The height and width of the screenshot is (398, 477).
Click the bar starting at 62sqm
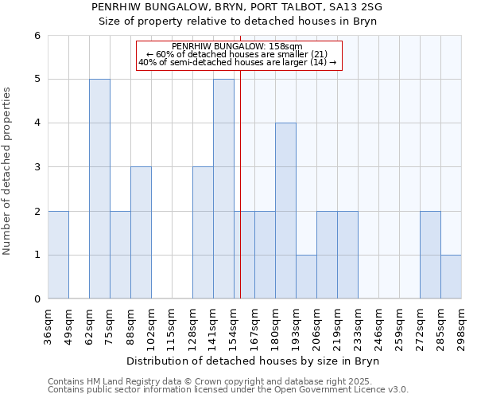[99, 189]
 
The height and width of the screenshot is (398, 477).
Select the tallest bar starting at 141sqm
[223, 189]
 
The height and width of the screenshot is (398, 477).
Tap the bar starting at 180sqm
[285, 211]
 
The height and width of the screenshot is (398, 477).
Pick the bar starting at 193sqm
[306, 277]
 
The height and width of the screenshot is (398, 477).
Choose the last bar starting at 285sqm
[451, 277]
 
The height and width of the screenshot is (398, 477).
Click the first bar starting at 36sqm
[58, 255]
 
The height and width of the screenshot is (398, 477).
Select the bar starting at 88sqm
[141, 232]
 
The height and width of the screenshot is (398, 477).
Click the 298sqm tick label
[462, 324]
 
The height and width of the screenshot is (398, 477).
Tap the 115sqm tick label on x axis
[173, 324]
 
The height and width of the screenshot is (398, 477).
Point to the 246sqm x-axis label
[379, 324]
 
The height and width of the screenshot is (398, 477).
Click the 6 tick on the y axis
[37, 36]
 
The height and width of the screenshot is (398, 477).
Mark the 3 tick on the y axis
[37, 167]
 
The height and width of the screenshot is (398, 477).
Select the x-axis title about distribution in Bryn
[254, 361]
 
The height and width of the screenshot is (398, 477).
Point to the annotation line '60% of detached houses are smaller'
[238, 54]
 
